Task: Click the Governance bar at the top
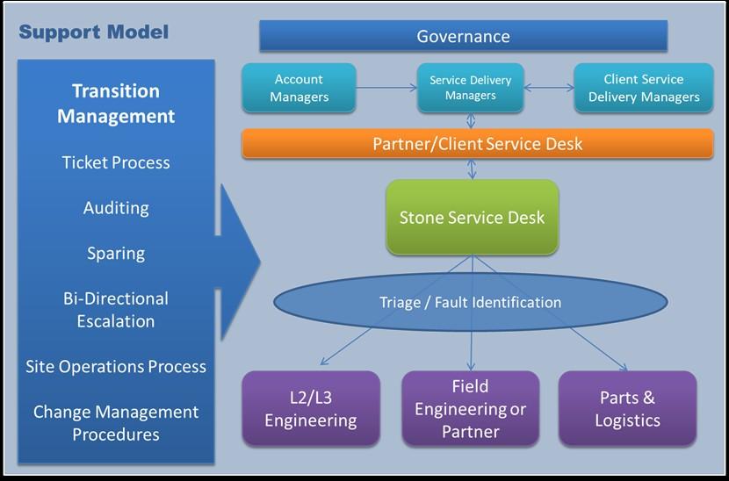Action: pos(463,36)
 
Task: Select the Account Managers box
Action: pos(299,88)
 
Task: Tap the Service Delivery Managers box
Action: pos(471,88)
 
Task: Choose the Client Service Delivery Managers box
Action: pos(644,88)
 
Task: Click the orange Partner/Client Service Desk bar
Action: pos(478,144)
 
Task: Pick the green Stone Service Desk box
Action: pos(472,218)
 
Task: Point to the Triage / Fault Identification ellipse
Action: pos(471,302)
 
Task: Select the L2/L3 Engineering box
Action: pos(311,408)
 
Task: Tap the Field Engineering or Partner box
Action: pos(471,408)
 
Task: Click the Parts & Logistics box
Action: pos(627,408)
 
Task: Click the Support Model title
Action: pos(93,32)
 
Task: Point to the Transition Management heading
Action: pos(116,104)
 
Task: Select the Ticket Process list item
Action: pos(116,162)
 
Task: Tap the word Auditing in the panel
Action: pos(116,208)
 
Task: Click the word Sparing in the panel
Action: pos(116,254)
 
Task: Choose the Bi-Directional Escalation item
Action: pos(116,310)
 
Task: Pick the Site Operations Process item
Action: pos(116,366)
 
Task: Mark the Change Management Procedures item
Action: pos(116,423)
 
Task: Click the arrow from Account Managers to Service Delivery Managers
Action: pos(386,88)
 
